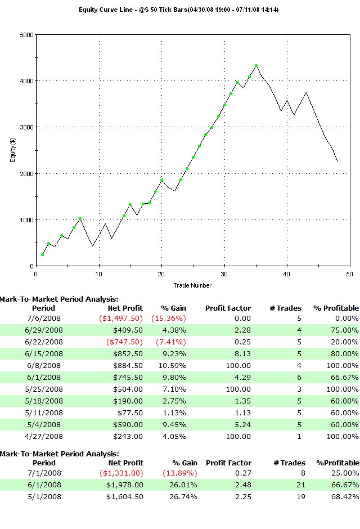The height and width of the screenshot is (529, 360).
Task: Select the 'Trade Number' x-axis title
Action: tap(192, 285)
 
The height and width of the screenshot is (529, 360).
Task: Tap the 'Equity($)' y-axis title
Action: tap(12, 150)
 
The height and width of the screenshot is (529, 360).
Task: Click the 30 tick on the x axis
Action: tap(224, 274)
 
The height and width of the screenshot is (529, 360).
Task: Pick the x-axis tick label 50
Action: tap(349, 274)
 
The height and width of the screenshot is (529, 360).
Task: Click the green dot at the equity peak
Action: tap(256, 66)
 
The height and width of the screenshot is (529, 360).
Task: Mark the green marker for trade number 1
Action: tap(42, 255)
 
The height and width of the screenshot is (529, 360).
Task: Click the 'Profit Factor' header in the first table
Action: tap(228, 308)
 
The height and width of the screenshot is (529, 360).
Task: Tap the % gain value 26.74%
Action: tap(173, 496)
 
